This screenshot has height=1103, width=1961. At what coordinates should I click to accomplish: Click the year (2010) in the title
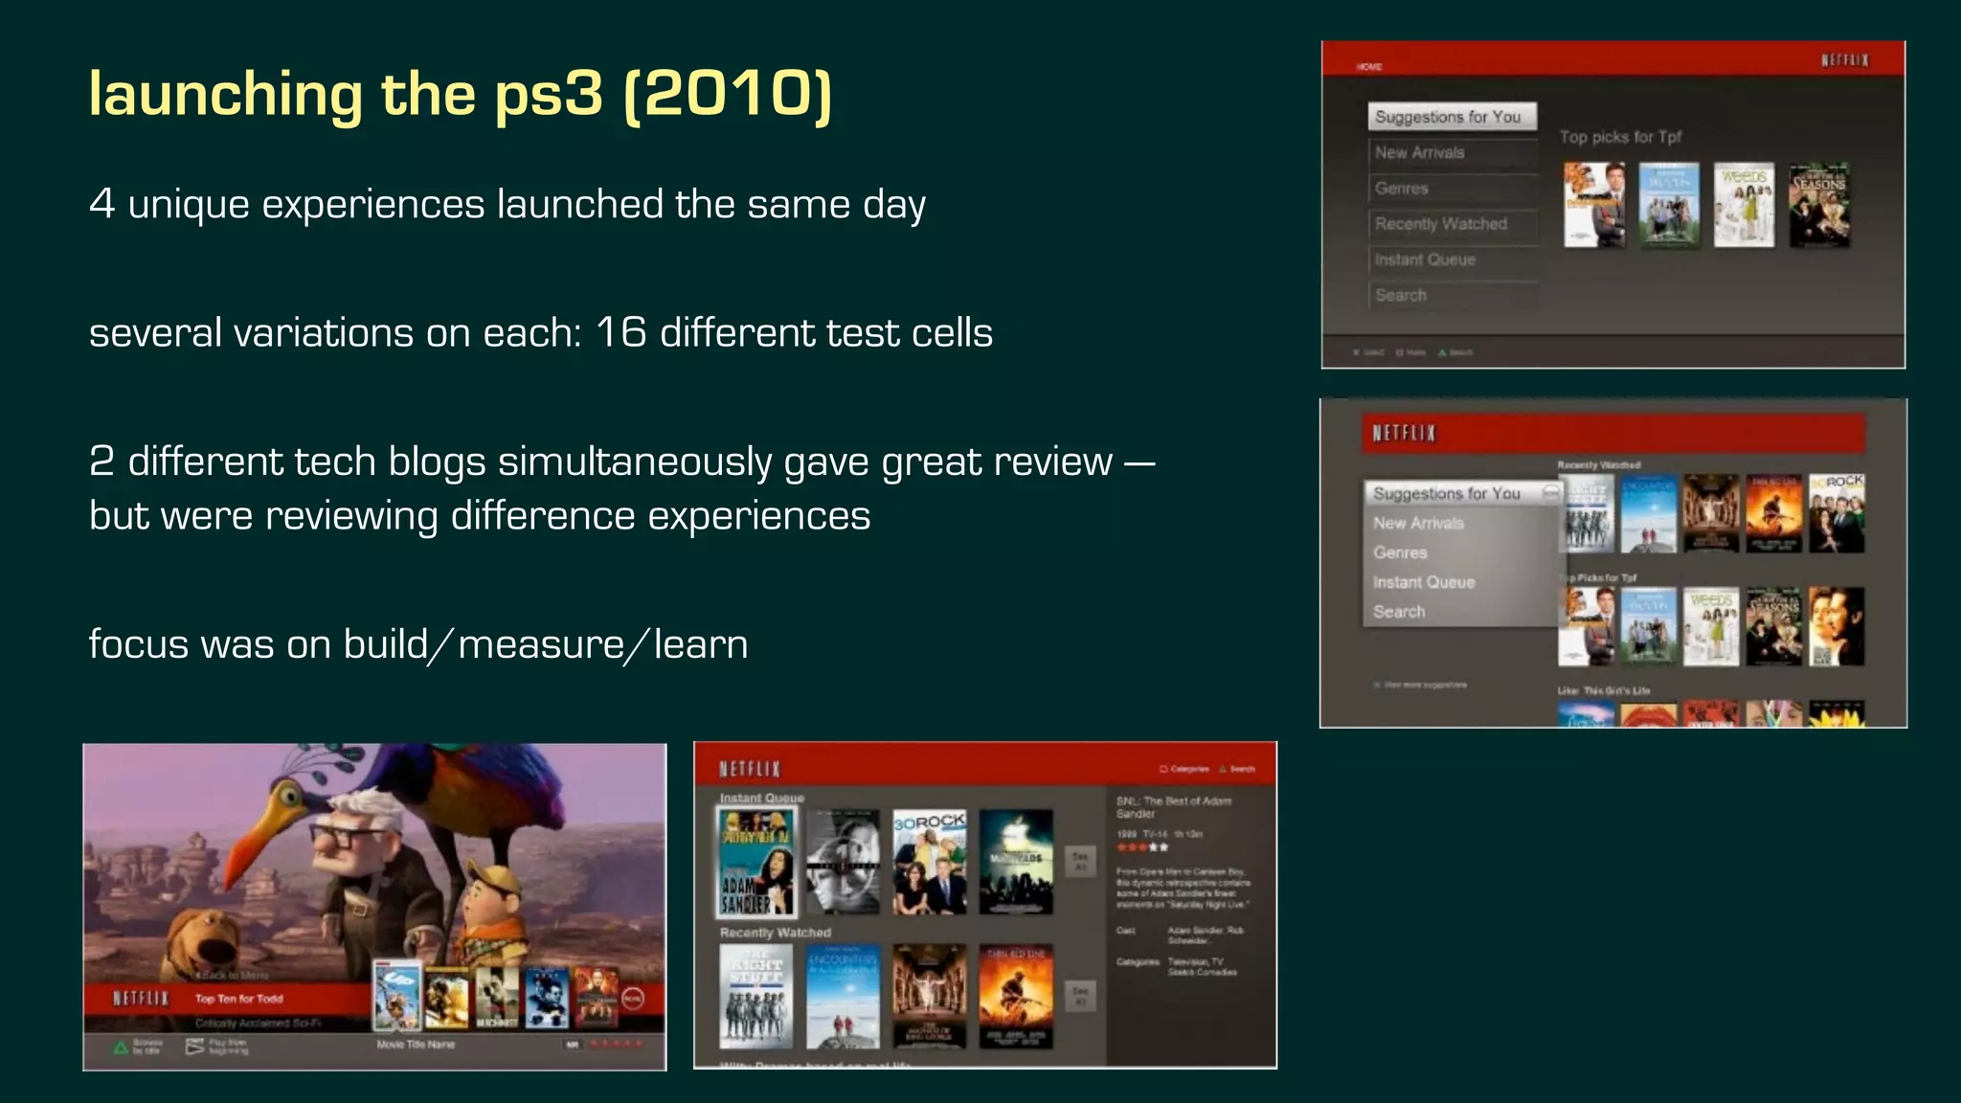[728, 94]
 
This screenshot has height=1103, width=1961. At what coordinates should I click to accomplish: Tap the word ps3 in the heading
[549, 94]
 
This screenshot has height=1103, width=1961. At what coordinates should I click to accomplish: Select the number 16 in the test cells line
[620, 333]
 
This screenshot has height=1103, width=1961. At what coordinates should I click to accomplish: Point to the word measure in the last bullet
[541, 644]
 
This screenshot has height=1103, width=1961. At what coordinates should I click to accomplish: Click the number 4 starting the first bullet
[101, 204]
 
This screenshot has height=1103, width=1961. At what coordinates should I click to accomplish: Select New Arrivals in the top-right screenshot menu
[1420, 153]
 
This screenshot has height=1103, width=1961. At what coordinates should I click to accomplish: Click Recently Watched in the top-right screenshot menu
[1441, 224]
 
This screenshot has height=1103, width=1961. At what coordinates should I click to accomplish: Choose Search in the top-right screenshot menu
[1401, 295]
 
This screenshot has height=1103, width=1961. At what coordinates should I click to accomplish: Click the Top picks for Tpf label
[1620, 137]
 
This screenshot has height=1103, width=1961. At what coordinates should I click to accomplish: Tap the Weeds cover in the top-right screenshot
[1744, 205]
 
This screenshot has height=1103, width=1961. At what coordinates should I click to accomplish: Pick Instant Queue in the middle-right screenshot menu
[1424, 582]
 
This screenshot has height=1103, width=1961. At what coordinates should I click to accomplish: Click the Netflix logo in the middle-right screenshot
[1404, 434]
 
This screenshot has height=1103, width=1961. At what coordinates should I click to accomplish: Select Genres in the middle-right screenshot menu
[1400, 552]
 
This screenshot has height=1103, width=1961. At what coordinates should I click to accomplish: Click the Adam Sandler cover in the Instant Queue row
[756, 861]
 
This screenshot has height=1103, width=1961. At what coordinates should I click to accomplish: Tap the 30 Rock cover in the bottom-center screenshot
[929, 861]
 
